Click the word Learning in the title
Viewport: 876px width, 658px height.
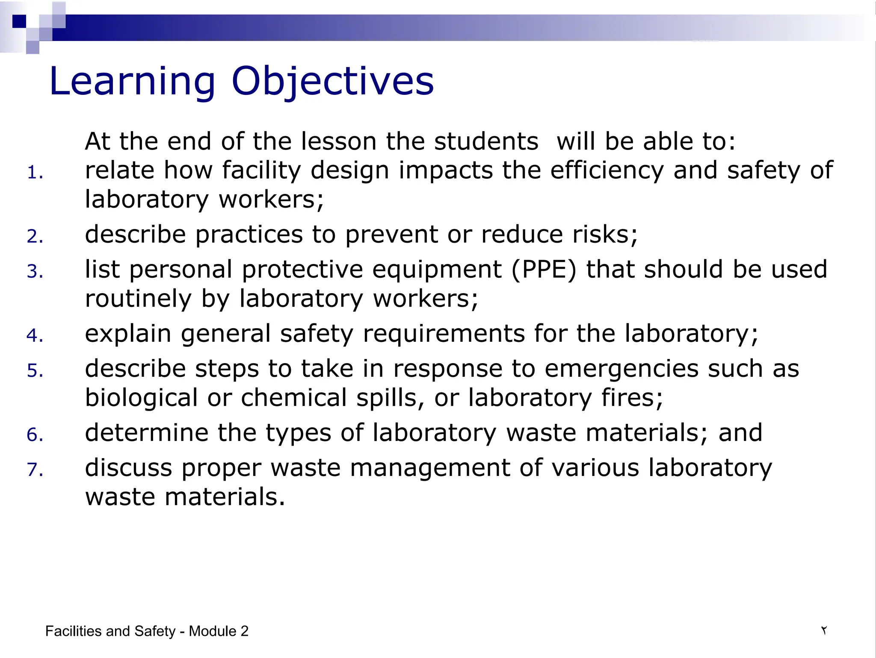tap(133, 82)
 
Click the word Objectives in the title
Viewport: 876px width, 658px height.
tap(332, 82)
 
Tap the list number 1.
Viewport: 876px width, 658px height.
tap(35, 173)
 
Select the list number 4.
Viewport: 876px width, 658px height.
tap(35, 335)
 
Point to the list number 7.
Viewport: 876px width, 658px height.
tap(35, 470)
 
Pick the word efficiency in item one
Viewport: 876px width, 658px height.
tap(607, 170)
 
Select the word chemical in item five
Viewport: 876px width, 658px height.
tap(294, 398)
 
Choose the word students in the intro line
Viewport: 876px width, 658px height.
tap(486, 142)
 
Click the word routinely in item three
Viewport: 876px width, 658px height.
tap(138, 299)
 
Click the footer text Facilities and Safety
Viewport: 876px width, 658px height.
tap(110, 631)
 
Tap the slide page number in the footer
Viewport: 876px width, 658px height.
tap(823, 631)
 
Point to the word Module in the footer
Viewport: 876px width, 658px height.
tap(213, 631)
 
